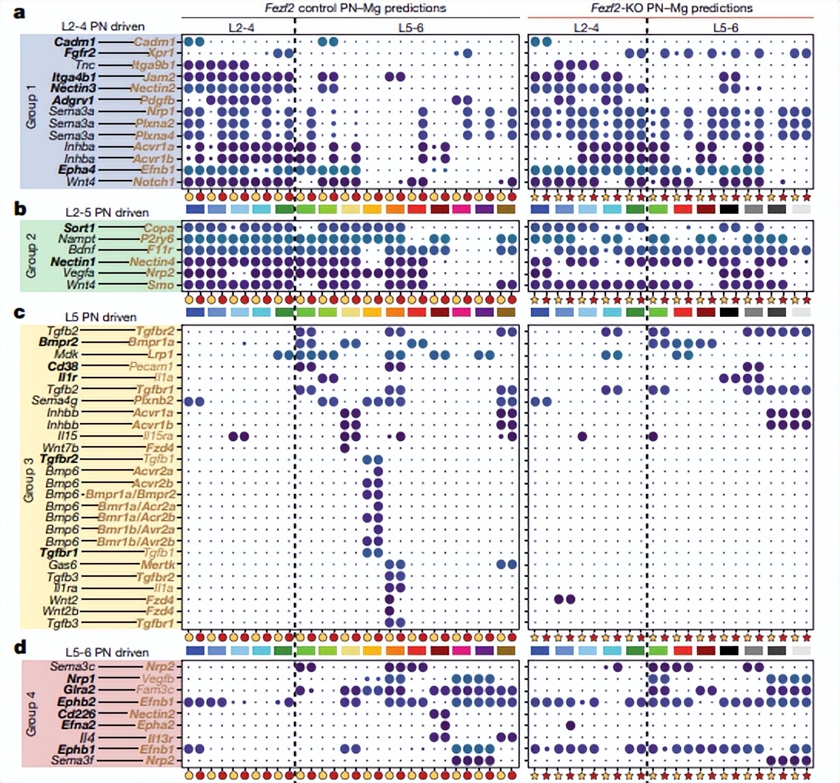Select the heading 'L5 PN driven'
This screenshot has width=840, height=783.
click(x=102, y=317)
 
